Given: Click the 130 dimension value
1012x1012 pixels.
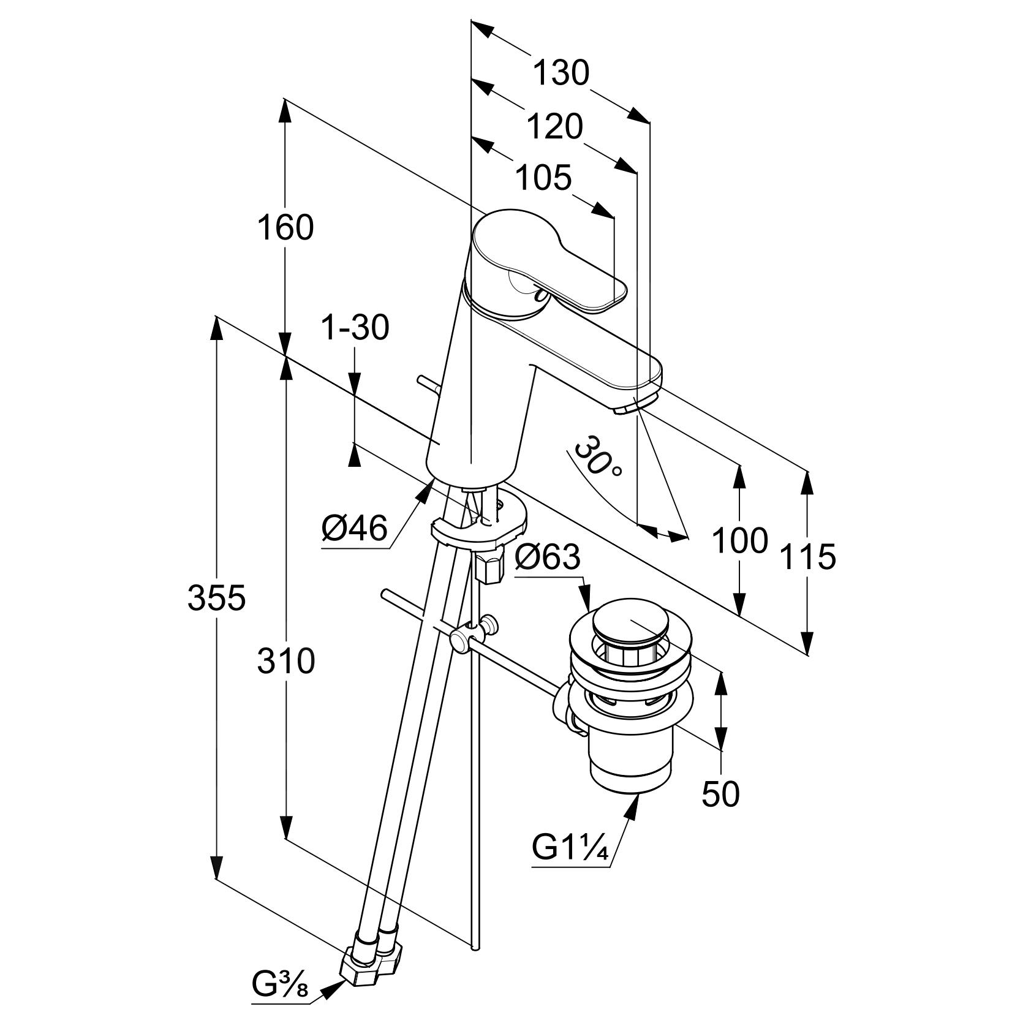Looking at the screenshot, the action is coord(561,73).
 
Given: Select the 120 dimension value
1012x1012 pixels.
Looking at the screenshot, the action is coord(555,127).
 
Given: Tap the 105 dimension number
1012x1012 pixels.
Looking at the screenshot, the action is coord(543,178).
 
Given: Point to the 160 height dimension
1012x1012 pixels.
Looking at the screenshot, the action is coord(285,227).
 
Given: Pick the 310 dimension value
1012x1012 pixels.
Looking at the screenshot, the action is coord(286,661).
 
